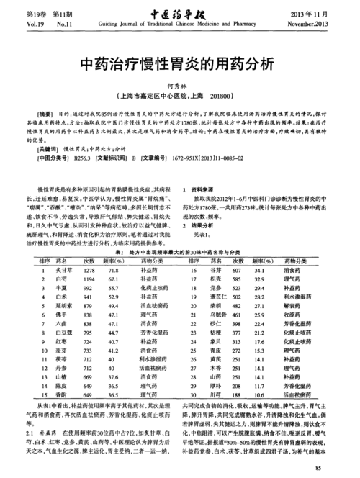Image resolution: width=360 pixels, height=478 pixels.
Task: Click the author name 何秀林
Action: [179, 84]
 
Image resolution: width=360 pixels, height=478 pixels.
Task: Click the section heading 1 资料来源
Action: [207, 187]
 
